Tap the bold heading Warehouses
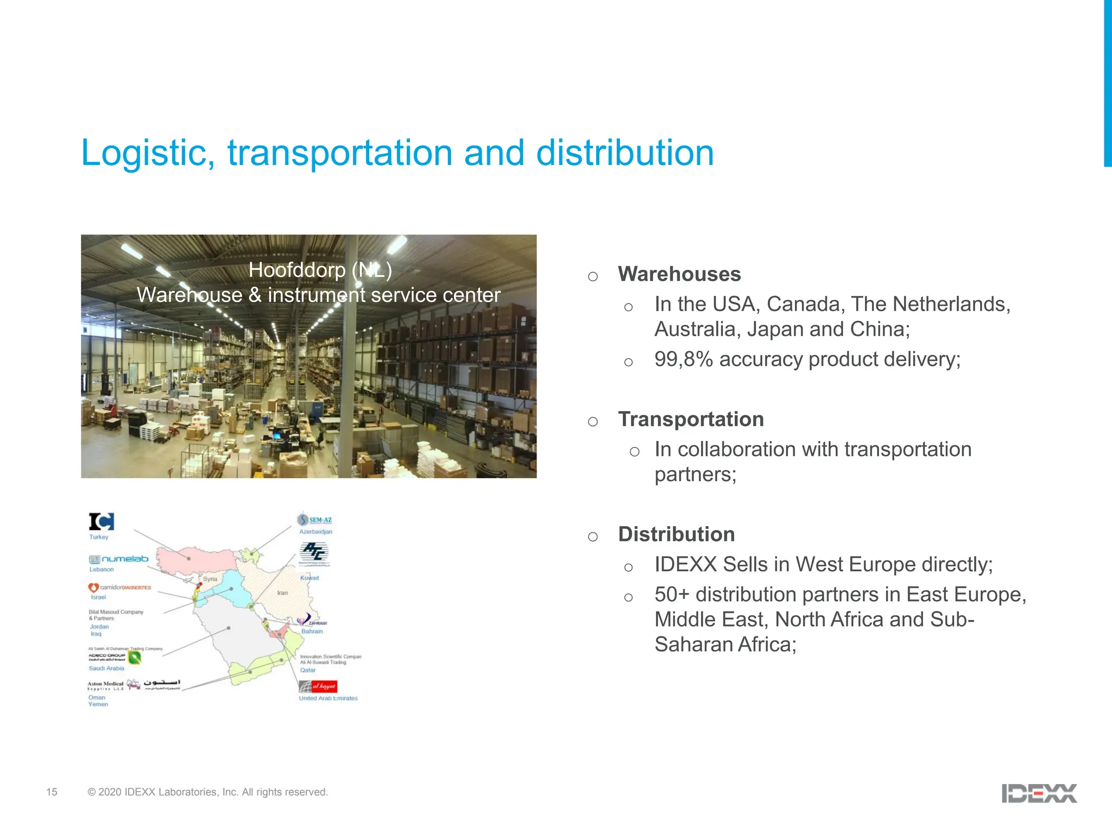tap(679, 274)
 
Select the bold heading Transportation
tap(691, 419)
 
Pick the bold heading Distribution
tap(677, 534)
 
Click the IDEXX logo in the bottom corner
tap(1039, 793)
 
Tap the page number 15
tap(52, 792)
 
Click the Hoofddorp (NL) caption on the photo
tap(320, 270)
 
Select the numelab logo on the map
tap(119, 559)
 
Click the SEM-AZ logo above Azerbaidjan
tap(315, 520)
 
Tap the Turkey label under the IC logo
tap(99, 537)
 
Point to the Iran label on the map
tap(282, 593)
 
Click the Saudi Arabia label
tap(106, 668)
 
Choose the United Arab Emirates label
tap(328, 698)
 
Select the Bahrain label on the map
tap(312, 631)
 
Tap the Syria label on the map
tap(210, 579)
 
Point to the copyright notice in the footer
tap(207, 792)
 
